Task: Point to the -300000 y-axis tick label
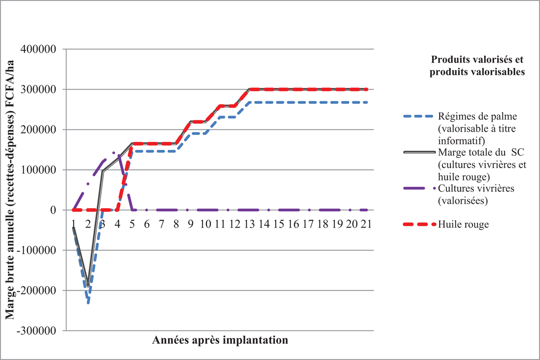coord(37,331)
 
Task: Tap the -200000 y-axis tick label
coord(37,291)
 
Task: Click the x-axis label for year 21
coord(365,223)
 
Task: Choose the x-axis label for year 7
coord(161,223)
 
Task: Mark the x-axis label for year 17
coord(307,223)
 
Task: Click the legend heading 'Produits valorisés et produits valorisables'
coord(478,66)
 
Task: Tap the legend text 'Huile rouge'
coord(463,225)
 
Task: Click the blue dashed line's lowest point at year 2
coord(88,303)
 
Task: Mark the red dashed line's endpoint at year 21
coord(366,89)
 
